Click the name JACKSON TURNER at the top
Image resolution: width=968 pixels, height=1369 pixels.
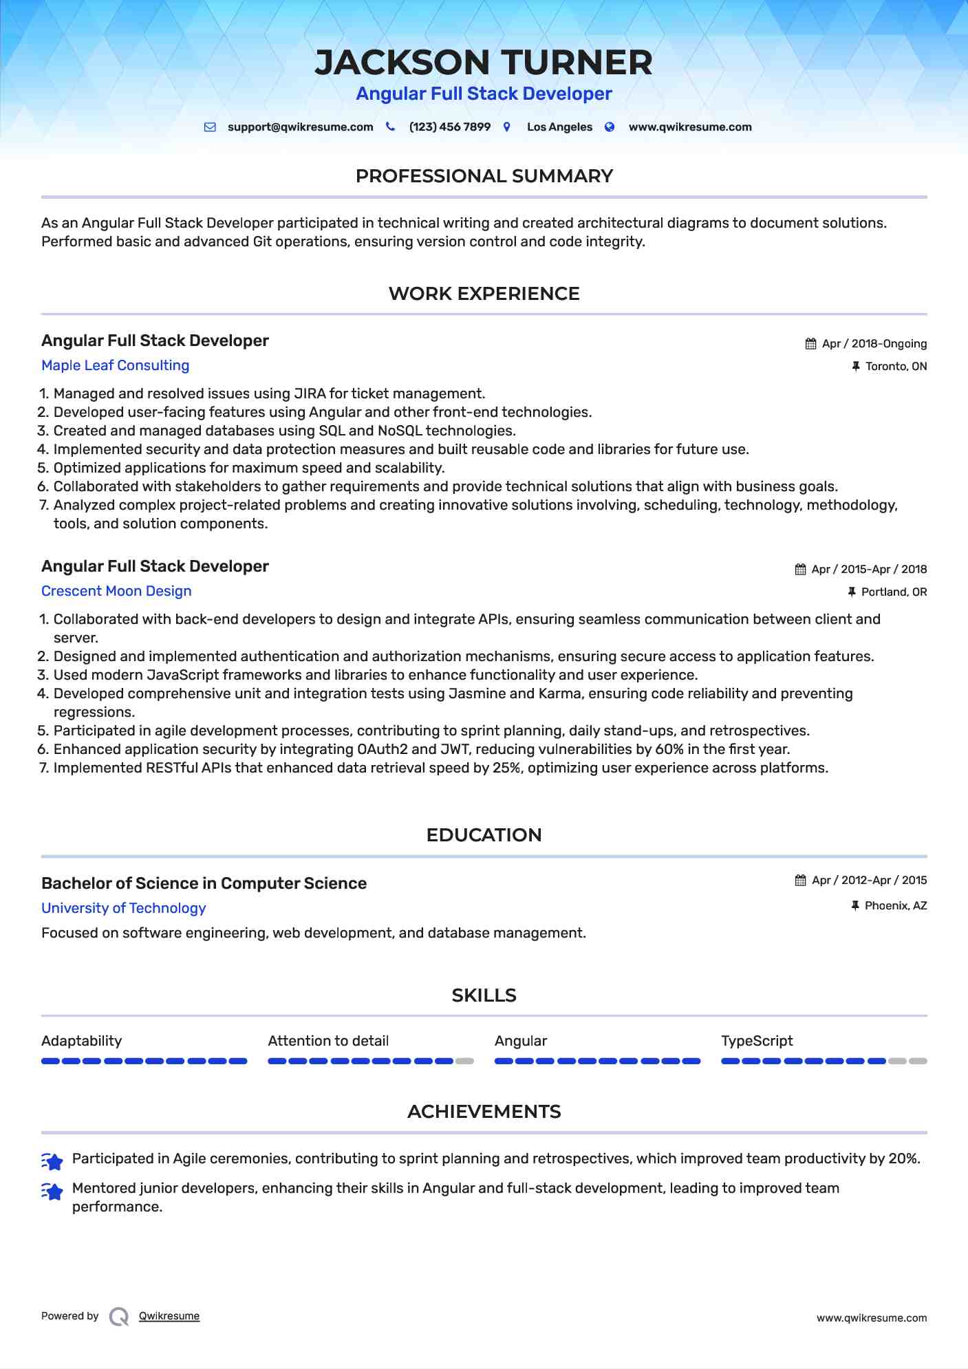pos(484,63)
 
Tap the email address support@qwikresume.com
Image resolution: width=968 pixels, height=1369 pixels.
pos(300,127)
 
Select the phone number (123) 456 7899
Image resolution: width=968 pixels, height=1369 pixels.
pos(449,127)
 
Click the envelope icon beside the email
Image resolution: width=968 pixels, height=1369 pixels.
pos(211,127)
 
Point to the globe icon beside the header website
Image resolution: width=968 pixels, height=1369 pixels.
pos(610,127)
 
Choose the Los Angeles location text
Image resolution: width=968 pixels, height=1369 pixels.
pos(559,127)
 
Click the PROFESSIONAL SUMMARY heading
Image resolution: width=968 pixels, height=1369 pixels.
pos(484,176)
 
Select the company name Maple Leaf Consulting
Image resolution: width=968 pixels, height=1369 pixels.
pos(115,365)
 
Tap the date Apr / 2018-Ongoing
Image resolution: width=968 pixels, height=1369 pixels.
pos(874,344)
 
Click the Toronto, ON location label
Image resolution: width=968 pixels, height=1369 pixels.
pos(896,367)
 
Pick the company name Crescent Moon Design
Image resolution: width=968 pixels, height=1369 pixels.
pos(116,591)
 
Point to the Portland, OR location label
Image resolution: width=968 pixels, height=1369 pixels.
pos(894,592)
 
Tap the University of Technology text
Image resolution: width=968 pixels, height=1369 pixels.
pos(124,908)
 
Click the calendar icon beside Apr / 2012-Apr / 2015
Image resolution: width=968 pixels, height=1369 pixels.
pos(800,881)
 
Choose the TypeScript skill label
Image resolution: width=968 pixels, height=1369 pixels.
pos(757,1041)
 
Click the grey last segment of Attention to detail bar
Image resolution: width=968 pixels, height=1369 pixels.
pos(465,1061)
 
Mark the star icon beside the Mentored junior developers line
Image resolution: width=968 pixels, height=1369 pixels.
pos(52,1191)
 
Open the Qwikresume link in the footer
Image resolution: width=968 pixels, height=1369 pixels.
pos(169,1316)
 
